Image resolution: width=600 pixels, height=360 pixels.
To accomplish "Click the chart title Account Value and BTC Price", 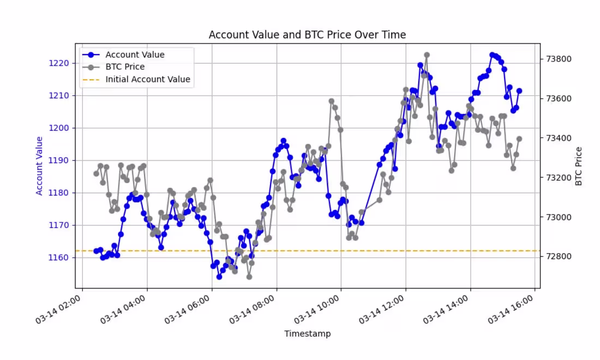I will pos(307,35).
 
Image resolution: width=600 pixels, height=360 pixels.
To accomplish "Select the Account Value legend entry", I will pos(135,55).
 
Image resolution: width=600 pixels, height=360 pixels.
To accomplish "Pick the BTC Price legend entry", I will pos(125,67).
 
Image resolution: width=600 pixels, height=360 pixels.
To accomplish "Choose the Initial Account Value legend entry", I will pos(147,79).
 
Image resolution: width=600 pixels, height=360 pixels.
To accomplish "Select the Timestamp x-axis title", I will pos(307,333).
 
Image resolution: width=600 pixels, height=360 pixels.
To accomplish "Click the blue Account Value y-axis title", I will pos(39,166).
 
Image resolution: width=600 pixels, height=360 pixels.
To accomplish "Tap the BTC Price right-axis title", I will pos(579,166).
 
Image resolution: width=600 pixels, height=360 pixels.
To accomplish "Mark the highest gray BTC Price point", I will pos(427,55).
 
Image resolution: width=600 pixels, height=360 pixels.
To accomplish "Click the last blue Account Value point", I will pos(519,91).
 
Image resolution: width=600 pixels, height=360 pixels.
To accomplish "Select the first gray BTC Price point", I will pos(96,173).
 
